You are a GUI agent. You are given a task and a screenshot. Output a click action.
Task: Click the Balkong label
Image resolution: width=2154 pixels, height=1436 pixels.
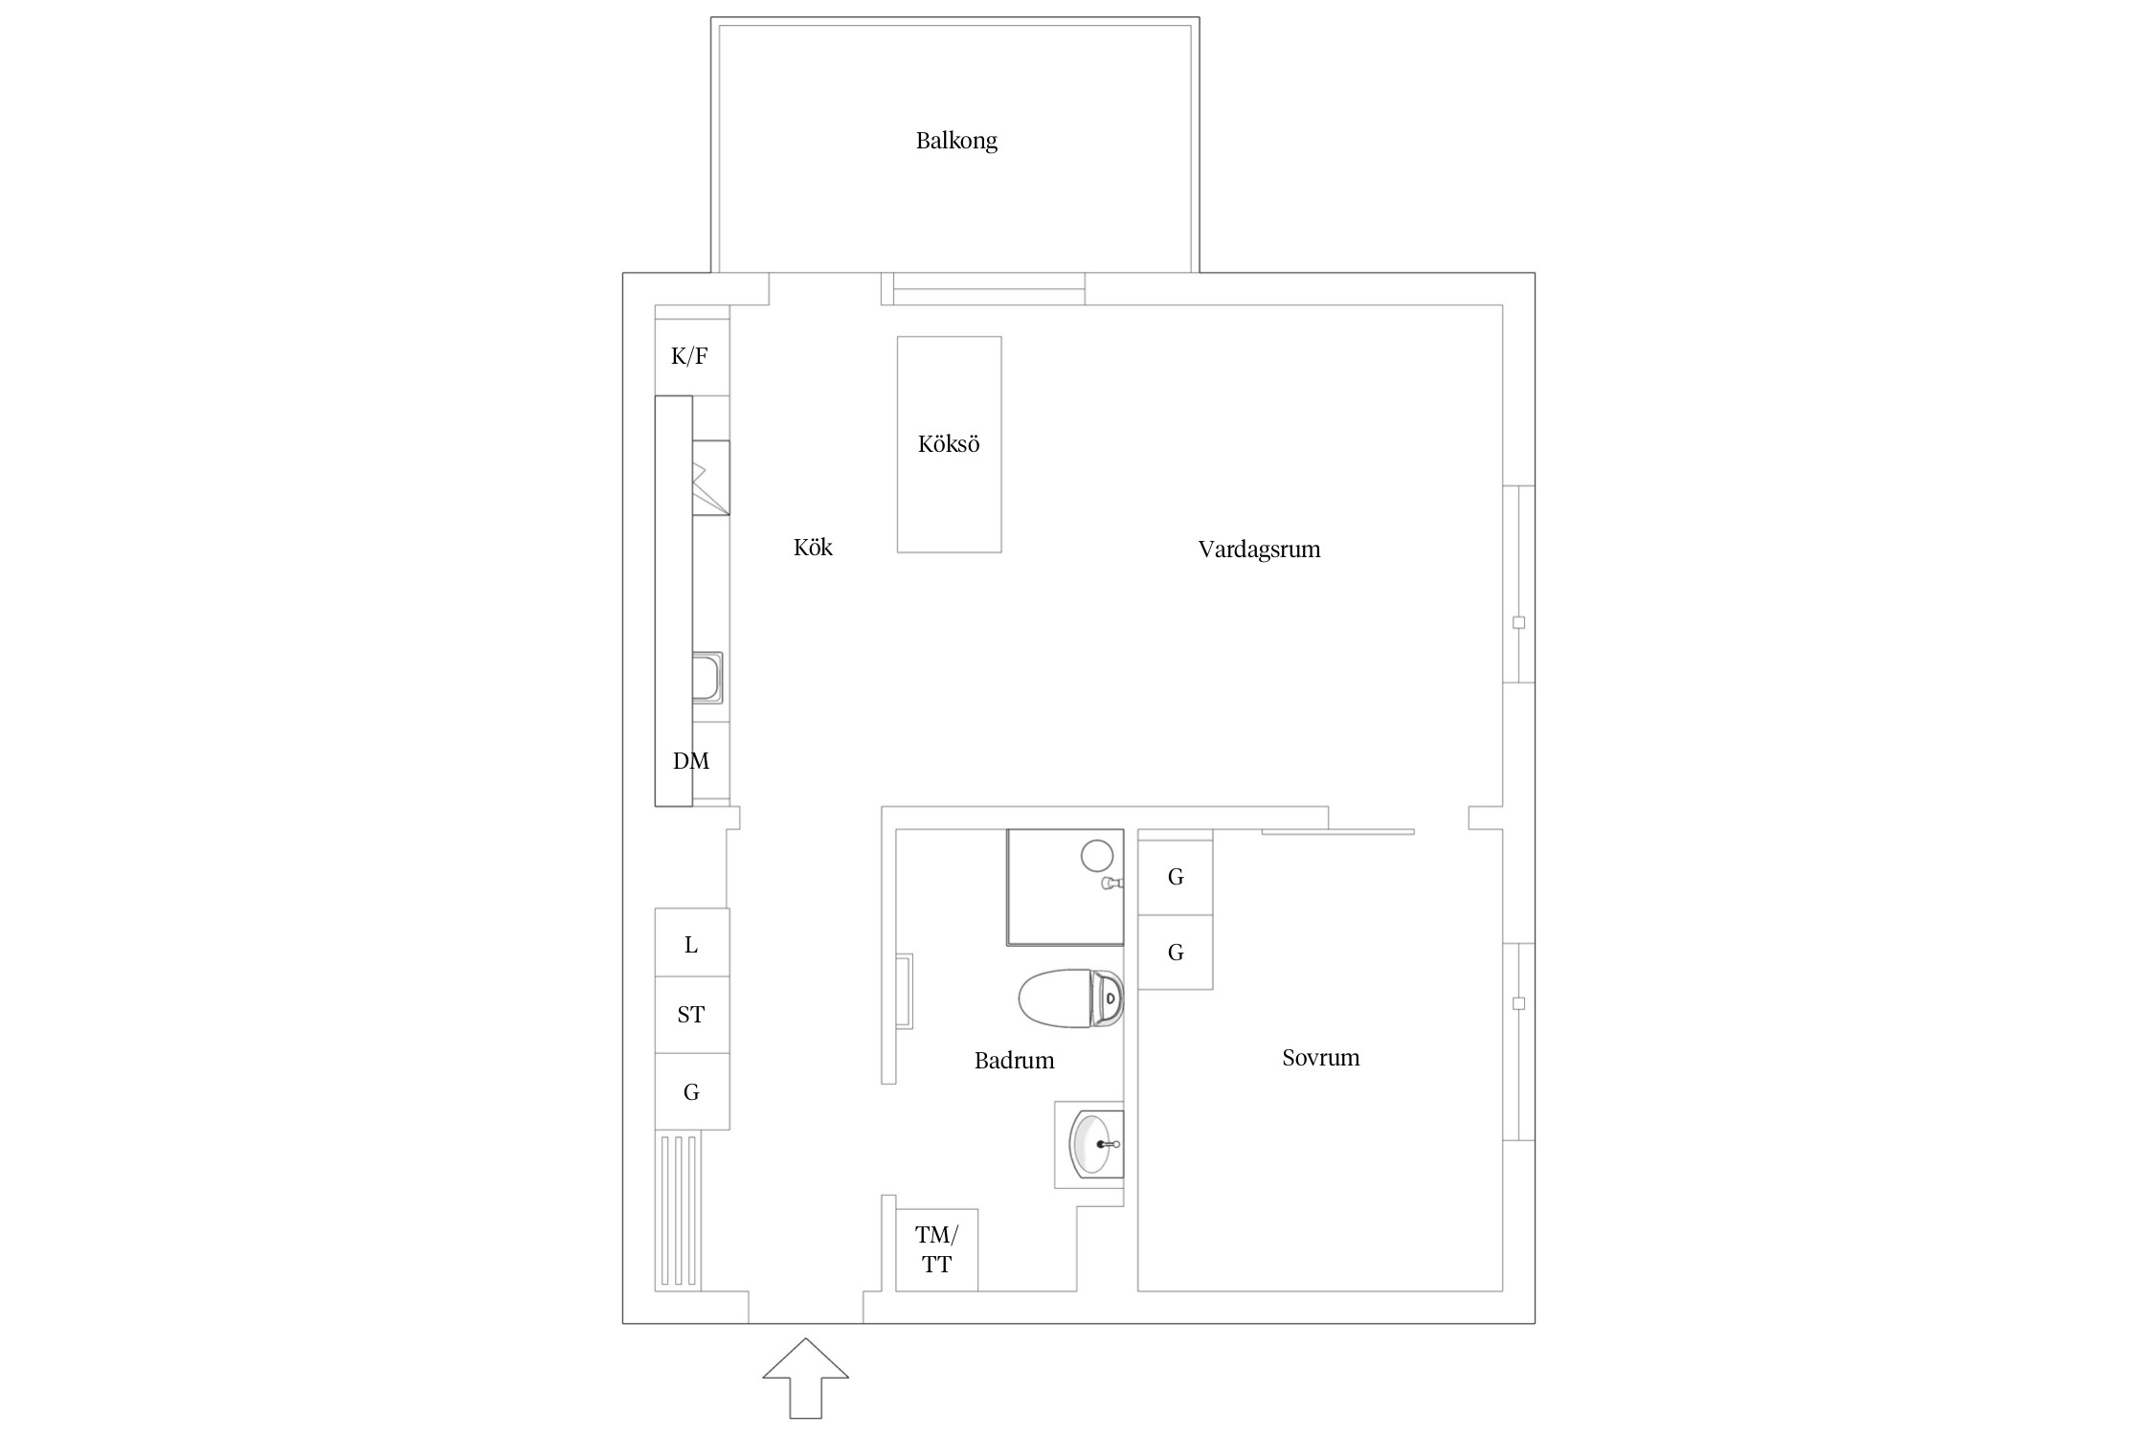956,141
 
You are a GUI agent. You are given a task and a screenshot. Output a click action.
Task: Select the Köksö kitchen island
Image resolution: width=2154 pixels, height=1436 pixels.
949,444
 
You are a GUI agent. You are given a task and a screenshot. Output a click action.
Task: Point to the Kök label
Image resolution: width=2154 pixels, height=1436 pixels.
813,548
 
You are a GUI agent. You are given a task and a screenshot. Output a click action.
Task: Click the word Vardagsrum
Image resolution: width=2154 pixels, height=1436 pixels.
1259,550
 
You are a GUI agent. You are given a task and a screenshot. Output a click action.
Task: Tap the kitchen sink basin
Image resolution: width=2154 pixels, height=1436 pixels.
707,678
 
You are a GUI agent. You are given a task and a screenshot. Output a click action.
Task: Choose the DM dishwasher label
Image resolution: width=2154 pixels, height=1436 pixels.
691,761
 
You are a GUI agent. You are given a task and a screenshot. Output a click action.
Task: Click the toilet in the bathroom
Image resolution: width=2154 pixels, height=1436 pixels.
1070,998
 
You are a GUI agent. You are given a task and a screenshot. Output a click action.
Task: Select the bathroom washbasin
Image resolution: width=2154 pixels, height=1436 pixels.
1095,1144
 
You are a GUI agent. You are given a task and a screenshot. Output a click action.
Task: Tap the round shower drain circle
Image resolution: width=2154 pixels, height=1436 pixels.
1096,854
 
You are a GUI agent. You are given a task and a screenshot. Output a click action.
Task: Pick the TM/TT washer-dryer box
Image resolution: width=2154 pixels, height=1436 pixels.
936,1250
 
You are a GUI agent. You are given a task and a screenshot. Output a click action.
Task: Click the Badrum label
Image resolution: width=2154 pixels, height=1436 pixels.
1014,1061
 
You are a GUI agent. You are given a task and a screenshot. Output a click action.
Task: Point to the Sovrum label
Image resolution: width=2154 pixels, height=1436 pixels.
1320,1058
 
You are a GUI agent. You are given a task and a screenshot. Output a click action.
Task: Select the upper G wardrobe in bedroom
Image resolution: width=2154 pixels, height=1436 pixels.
1176,877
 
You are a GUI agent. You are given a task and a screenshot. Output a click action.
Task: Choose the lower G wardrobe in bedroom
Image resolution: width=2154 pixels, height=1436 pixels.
1176,953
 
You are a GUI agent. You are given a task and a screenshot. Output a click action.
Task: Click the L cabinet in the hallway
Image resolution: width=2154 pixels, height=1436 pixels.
692,943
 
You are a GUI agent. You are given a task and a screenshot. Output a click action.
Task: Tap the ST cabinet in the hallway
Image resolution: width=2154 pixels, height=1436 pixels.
692,1016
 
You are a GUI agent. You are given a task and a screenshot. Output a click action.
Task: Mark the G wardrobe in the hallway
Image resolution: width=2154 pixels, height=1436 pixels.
692,1091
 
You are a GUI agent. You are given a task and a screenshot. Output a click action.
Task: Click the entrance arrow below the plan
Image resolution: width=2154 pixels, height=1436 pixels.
806,1378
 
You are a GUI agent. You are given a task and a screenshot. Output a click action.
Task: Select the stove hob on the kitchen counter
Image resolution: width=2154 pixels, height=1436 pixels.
711,478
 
